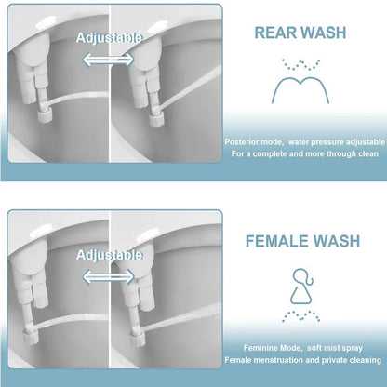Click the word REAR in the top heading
click(275, 33)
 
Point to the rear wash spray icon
click(300, 81)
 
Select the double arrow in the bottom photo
click(109, 274)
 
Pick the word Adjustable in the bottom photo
click(110, 254)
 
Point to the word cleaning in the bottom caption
click(364, 362)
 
